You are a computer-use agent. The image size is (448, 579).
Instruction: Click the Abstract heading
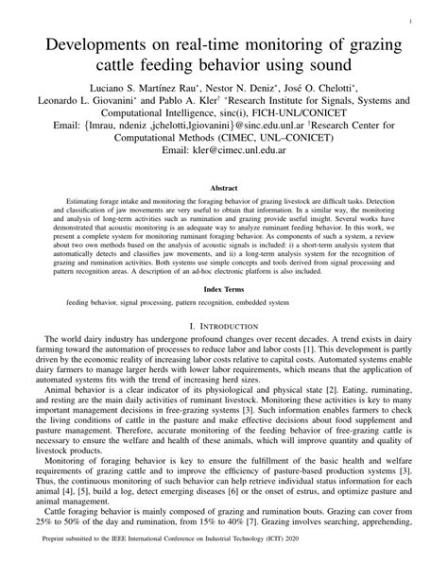click(224, 188)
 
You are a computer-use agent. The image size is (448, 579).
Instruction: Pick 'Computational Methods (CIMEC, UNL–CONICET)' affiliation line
click(224, 133)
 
